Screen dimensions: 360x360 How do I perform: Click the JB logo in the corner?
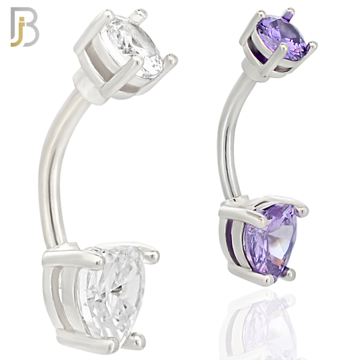pyautogui.click(x=25, y=27)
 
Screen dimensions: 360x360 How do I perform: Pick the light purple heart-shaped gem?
pyautogui.click(x=271, y=241)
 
